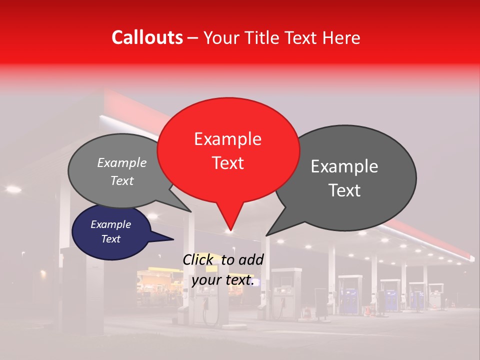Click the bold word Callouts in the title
(x=147, y=37)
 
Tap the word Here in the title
(x=342, y=38)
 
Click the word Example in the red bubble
(x=227, y=139)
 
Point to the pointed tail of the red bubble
(x=230, y=229)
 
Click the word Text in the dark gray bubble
(x=345, y=190)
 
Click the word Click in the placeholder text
(x=199, y=260)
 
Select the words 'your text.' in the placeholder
(x=223, y=280)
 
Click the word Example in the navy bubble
(x=110, y=224)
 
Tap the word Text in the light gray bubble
(x=121, y=181)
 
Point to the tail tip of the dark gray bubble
(x=266, y=235)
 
